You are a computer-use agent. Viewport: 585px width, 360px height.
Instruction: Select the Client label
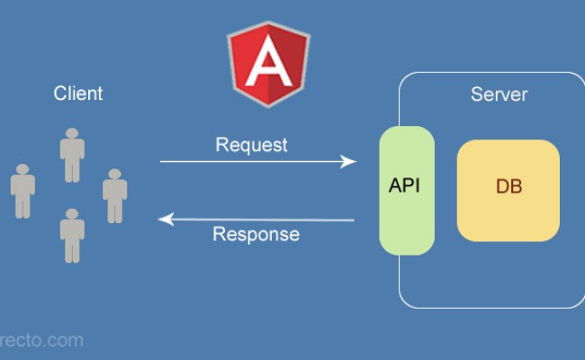[78, 93]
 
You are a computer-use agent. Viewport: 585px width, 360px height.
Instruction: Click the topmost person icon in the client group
[72, 156]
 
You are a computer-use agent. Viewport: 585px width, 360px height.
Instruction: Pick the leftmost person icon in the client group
[22, 191]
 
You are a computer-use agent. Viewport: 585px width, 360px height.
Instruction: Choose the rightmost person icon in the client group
[114, 195]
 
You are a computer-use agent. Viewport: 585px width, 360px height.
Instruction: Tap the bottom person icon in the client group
[72, 235]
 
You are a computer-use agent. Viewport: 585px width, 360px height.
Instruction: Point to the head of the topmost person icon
[72, 135]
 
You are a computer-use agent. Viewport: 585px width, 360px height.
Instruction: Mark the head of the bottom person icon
[72, 215]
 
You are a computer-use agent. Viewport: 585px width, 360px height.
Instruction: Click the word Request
[252, 144]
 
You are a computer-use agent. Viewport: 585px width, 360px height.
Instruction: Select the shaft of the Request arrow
[252, 162]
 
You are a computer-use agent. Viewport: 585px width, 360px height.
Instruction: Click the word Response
[256, 235]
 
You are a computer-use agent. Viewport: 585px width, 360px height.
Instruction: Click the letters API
[405, 186]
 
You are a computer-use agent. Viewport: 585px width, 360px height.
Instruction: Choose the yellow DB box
[508, 190]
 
